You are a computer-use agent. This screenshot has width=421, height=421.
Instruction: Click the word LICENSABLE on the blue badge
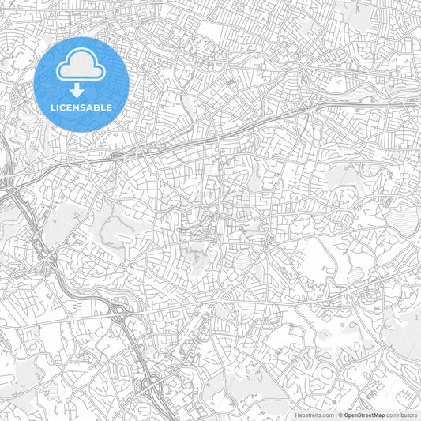coord(81,107)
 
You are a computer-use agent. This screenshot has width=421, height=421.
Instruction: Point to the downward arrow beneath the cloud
coord(81,90)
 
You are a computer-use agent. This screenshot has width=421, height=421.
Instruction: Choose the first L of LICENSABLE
coord(54,107)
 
